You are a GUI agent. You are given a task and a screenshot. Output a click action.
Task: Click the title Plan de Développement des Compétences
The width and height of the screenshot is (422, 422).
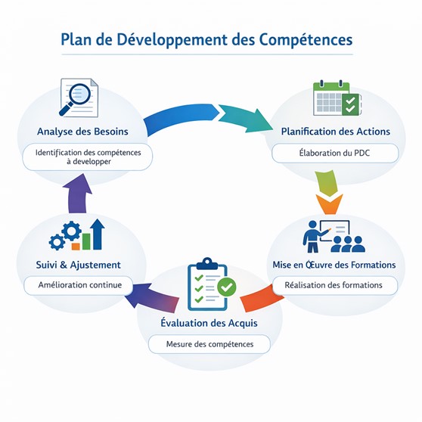(206, 40)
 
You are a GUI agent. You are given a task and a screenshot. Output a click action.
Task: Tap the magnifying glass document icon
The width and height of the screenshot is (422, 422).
(79, 98)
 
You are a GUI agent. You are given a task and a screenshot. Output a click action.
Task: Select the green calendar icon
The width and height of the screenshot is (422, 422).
(337, 98)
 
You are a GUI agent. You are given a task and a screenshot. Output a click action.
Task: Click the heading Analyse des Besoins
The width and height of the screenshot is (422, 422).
(82, 132)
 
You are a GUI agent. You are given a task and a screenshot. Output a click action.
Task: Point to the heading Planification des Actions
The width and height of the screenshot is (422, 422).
(335, 132)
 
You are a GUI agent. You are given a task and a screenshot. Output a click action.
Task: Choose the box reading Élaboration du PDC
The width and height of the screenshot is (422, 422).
(335, 153)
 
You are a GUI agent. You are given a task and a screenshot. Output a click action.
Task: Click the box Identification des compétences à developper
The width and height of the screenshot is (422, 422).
(88, 157)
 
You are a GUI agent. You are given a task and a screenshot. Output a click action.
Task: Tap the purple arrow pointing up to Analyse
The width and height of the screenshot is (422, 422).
(77, 193)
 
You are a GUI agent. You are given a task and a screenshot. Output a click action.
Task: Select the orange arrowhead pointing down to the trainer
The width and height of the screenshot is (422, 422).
(329, 204)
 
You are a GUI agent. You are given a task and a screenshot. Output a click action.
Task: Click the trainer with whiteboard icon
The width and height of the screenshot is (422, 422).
(334, 236)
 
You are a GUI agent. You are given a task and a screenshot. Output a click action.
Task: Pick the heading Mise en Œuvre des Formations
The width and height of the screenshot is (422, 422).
(334, 265)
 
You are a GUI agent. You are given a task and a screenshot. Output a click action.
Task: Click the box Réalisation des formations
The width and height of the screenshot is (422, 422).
(335, 285)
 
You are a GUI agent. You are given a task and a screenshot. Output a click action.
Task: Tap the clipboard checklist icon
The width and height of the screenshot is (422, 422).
(212, 284)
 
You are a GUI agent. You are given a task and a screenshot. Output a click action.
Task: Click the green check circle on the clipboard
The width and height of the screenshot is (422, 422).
(227, 287)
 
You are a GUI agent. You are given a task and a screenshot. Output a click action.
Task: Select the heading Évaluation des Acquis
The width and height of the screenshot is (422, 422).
(209, 323)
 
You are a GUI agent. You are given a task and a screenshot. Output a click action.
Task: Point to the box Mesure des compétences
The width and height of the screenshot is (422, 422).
(209, 344)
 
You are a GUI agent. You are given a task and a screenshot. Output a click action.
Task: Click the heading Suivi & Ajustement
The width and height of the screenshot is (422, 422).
(79, 265)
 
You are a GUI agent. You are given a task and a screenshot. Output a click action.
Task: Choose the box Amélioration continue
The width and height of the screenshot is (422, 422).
(79, 285)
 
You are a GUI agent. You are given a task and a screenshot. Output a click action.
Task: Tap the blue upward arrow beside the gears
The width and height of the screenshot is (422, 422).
(97, 234)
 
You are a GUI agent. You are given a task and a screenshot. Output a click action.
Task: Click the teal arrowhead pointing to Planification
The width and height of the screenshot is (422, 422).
(245, 119)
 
